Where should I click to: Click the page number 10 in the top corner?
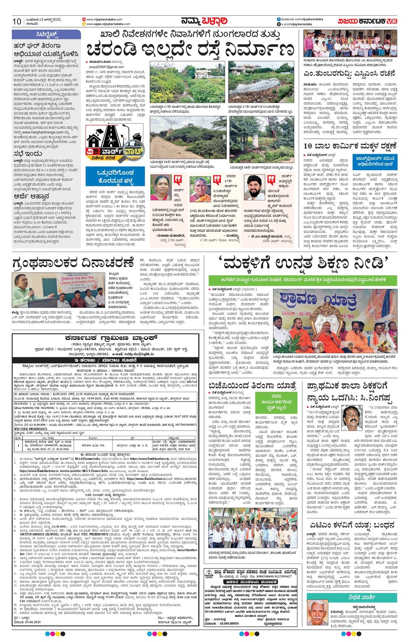click(x=17, y=21)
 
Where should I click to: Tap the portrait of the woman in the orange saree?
click(x=200, y=190)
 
